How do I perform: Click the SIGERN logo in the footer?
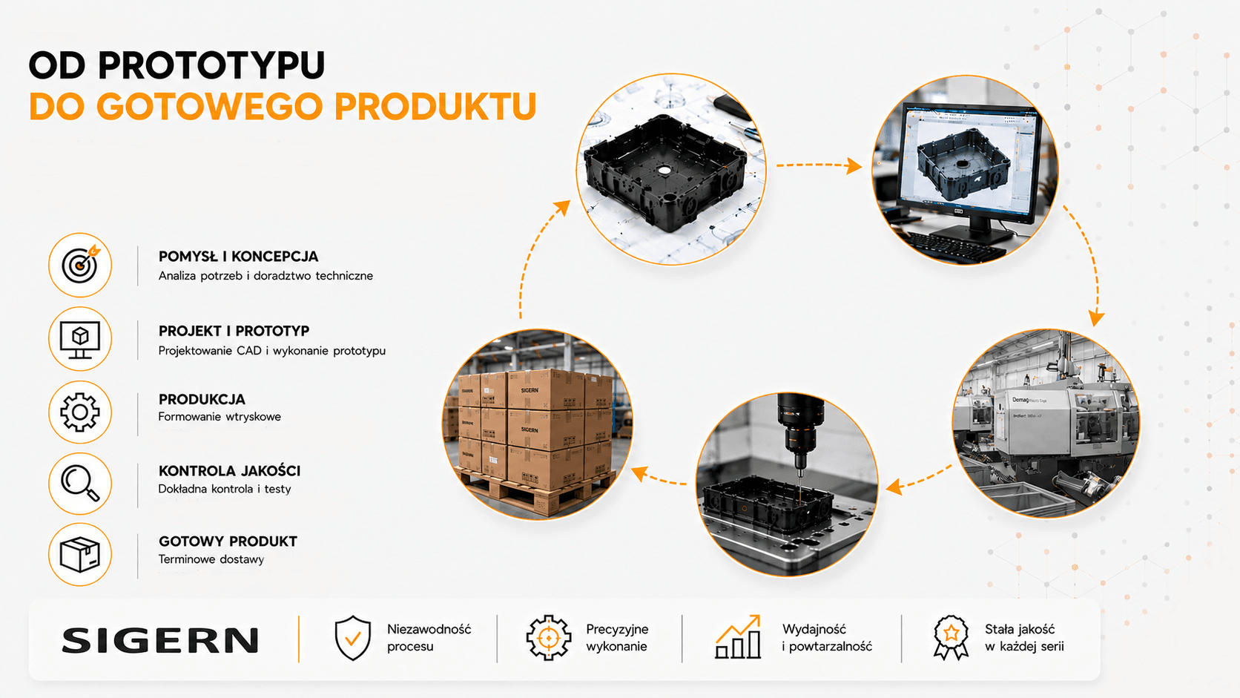pos(160,641)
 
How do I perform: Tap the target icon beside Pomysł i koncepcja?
pos(80,265)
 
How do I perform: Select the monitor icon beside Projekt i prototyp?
pos(80,339)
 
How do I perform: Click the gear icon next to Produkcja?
pos(80,412)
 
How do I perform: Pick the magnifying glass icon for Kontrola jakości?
pos(80,484)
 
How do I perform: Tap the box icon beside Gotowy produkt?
pos(80,554)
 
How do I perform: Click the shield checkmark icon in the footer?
pos(352,638)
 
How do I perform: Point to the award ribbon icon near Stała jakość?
pos(951,638)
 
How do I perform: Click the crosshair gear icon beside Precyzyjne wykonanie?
pos(549,638)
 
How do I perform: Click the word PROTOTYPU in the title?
pos(211,65)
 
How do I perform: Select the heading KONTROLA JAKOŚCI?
pos(230,471)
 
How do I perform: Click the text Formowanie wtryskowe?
pos(220,417)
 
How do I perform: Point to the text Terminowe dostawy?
pos(211,559)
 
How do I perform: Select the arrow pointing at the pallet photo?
pos(659,477)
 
